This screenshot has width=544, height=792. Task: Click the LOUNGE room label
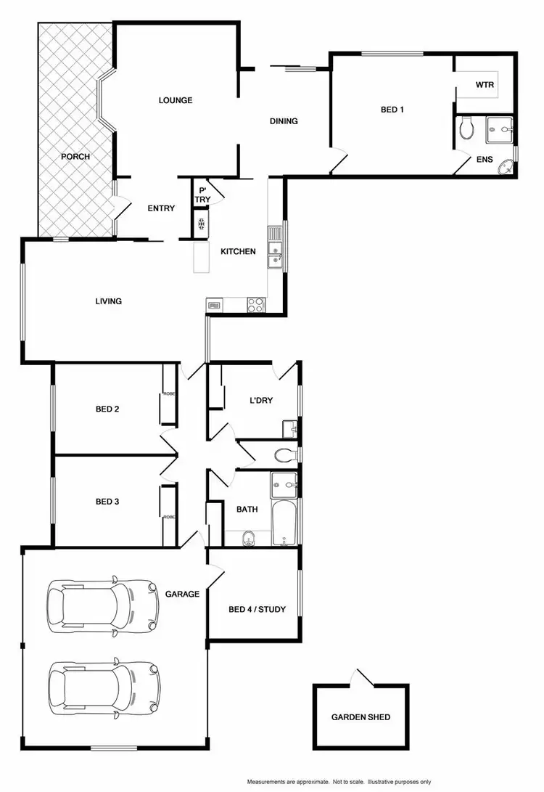point(176,100)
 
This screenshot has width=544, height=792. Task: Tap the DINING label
point(284,121)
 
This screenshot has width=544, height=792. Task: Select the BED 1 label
point(392,110)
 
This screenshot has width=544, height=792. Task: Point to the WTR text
point(485,85)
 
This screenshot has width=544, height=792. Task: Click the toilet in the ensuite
point(467,129)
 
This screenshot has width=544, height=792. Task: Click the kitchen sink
point(276,252)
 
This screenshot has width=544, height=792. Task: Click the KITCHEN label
point(238,252)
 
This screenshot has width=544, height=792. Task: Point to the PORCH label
point(75,156)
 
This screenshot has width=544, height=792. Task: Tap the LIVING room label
point(108,301)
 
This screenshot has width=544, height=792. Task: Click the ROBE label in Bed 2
point(168,394)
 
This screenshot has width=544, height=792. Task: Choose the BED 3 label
point(107,502)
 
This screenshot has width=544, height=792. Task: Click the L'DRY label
point(261,401)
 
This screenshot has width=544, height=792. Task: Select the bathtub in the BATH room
point(284,524)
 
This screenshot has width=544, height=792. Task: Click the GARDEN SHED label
point(360,717)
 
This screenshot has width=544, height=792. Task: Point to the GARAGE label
point(182,594)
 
